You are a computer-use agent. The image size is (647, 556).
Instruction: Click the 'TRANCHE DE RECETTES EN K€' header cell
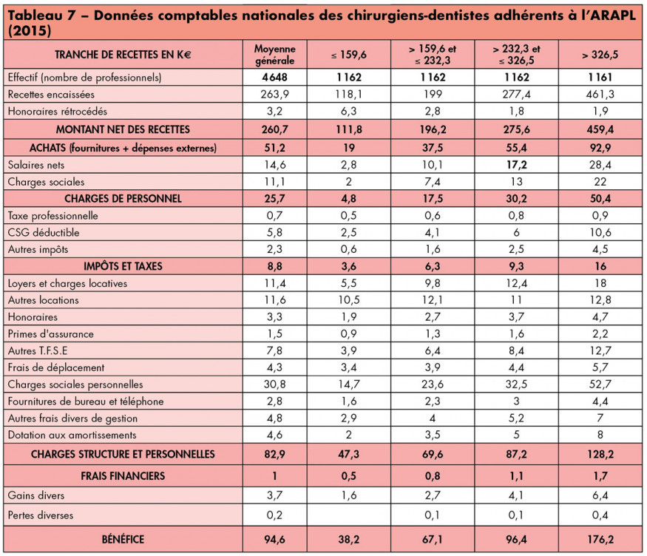tap(123, 55)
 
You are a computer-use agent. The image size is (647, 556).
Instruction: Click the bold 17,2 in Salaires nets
tap(516, 164)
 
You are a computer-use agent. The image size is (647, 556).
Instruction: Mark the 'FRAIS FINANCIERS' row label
tap(123, 475)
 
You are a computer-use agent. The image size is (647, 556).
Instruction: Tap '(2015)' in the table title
tap(27, 32)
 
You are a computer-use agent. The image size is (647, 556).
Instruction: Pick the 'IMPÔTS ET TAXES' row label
tap(123, 265)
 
